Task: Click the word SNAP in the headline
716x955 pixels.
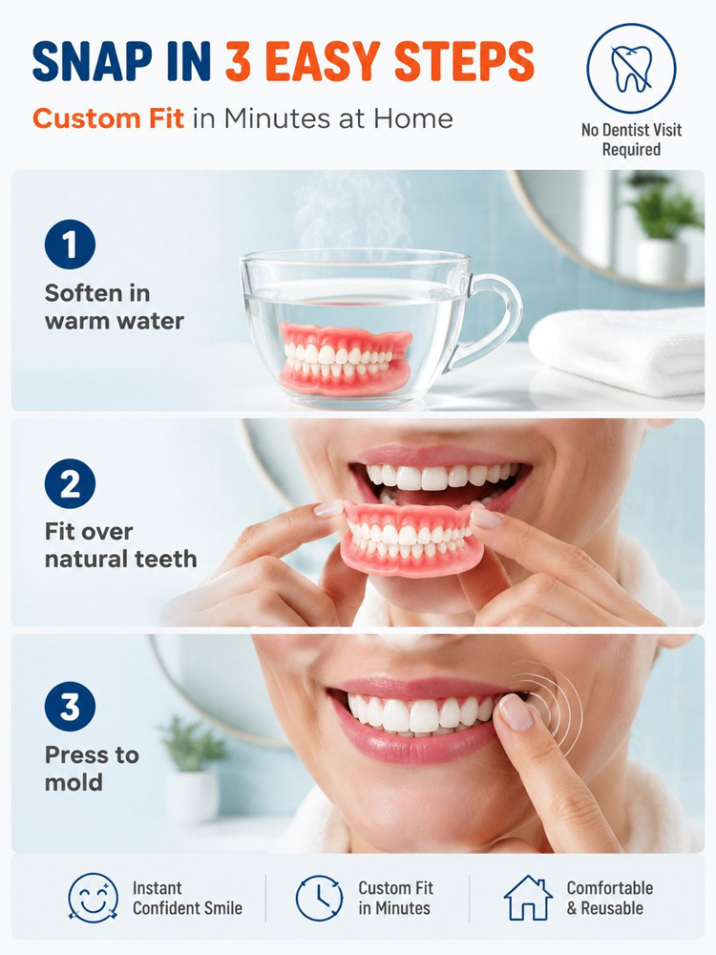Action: tap(93, 61)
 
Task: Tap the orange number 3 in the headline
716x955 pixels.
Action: tap(240, 61)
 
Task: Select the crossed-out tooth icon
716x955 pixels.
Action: tap(631, 68)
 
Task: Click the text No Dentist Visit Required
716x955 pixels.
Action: tap(631, 139)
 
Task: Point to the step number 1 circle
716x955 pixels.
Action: tap(70, 244)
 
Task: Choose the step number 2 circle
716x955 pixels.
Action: tap(70, 483)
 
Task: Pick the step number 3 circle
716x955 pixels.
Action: tap(70, 707)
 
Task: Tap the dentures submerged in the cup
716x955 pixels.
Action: tap(346, 359)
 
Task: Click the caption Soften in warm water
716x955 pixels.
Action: tap(115, 307)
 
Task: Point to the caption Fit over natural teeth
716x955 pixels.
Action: tap(120, 545)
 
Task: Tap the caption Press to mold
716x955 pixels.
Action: tap(92, 769)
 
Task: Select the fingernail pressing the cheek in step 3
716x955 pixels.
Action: tap(516, 711)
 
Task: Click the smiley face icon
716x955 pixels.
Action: tap(94, 897)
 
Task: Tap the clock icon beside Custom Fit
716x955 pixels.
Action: tap(320, 898)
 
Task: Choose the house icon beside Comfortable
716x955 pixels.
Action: tap(528, 898)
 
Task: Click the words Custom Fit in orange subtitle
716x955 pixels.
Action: tap(109, 118)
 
